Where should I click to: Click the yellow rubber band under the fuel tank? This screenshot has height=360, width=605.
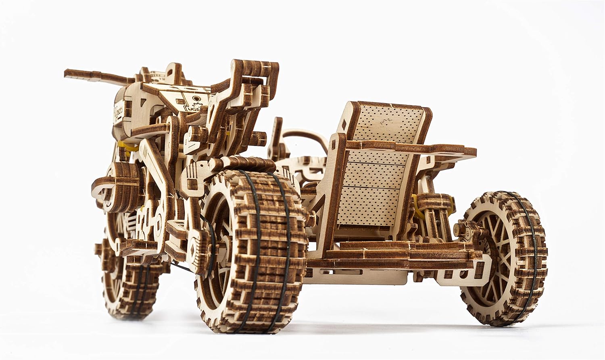tap(131, 148)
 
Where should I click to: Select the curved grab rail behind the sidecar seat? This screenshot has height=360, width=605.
tap(307, 139)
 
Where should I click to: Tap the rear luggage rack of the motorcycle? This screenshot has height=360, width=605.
tap(246, 81)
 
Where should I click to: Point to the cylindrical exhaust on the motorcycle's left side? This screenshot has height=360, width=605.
tap(121, 178)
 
